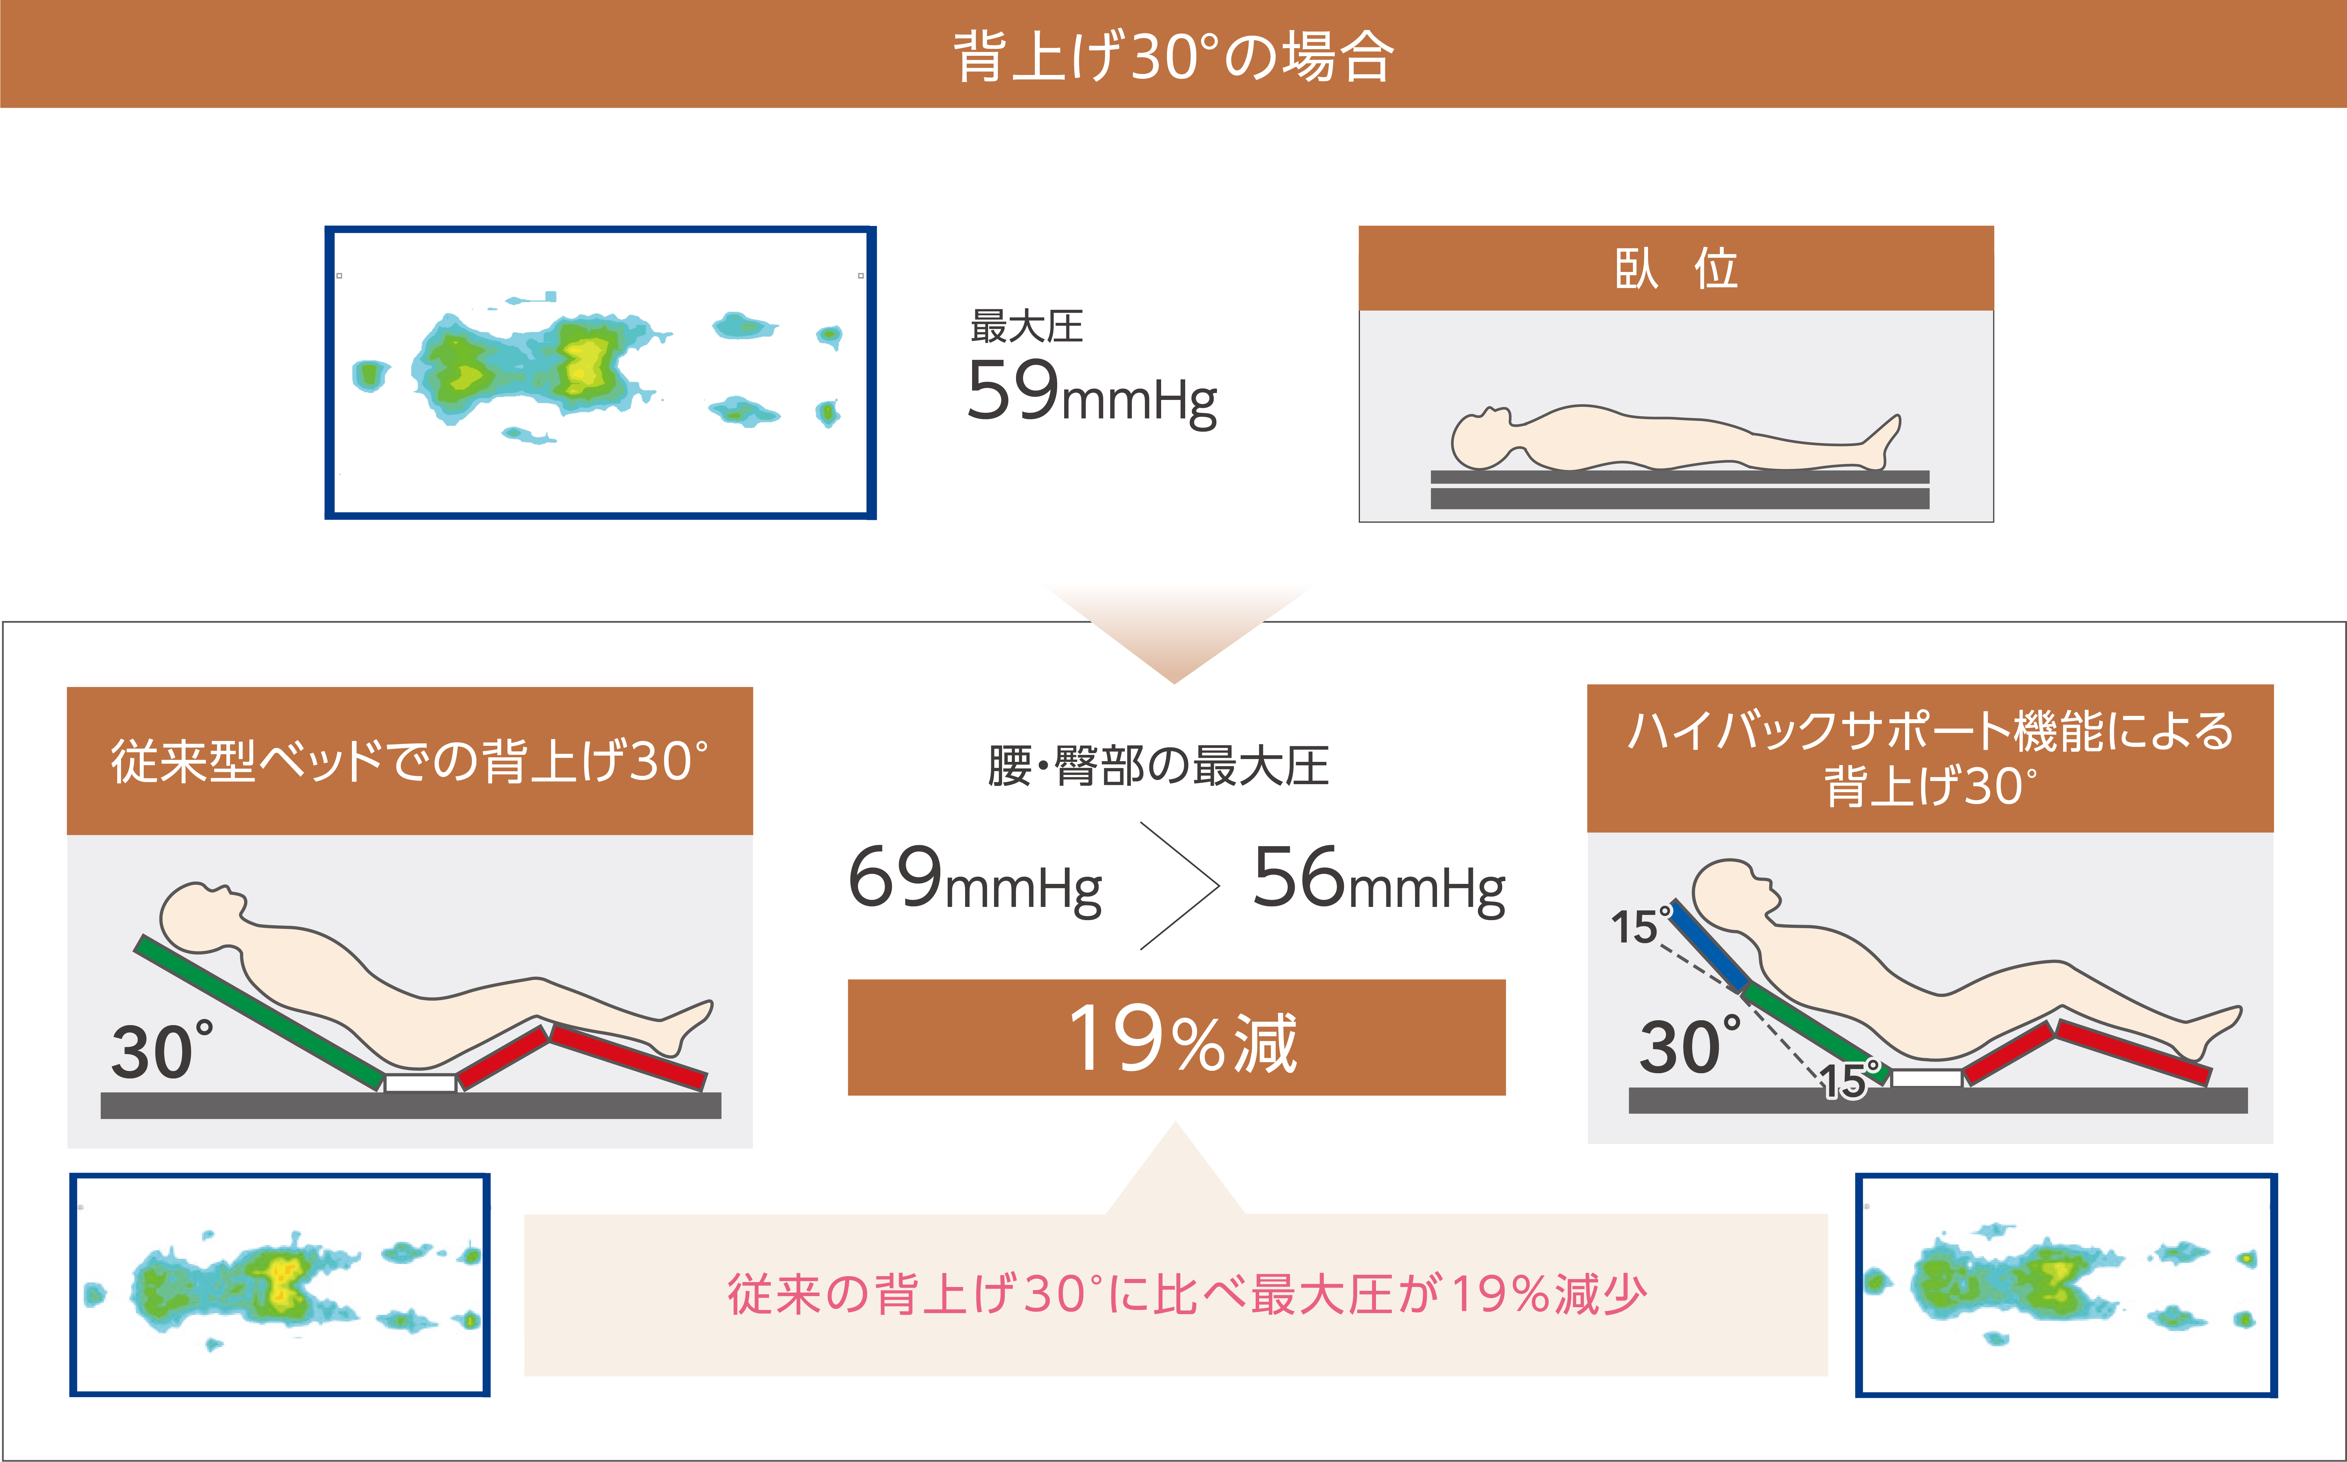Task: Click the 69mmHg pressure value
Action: coord(975,878)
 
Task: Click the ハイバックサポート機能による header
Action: coord(1930,731)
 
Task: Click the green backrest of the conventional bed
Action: coord(259,1012)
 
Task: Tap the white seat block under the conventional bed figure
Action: coord(421,1083)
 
